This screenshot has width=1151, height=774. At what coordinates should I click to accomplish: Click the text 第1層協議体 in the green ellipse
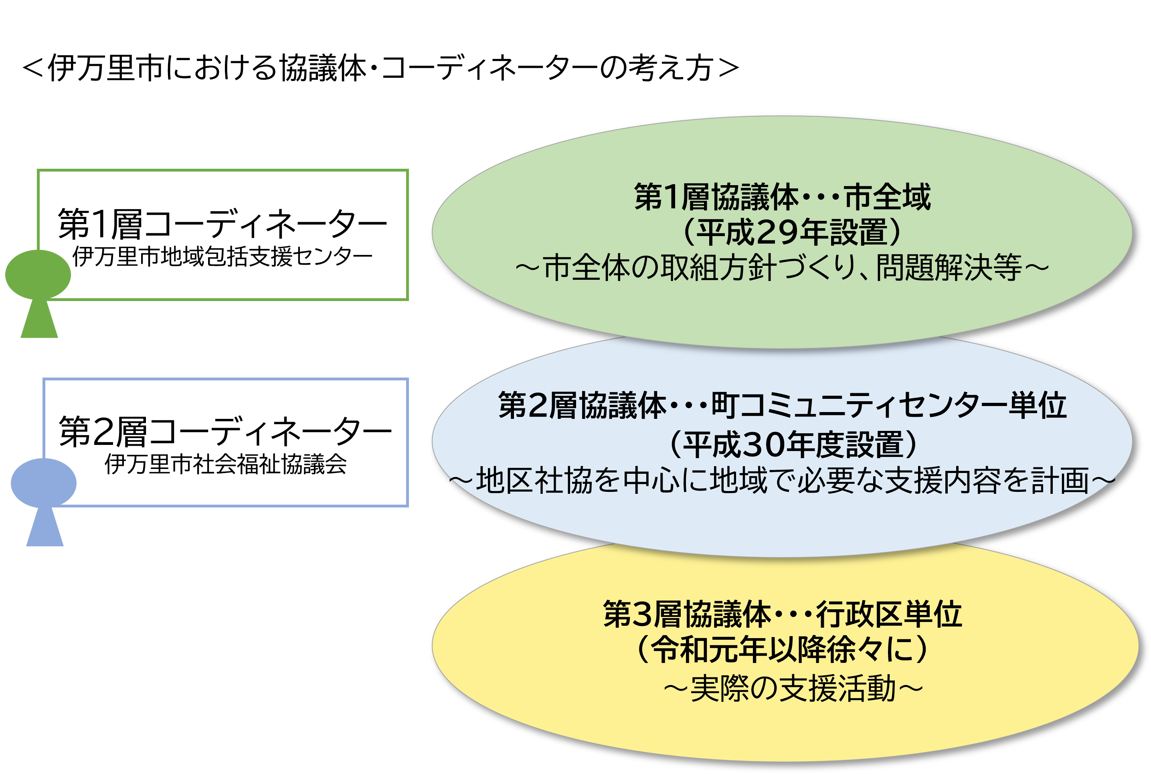click(x=716, y=197)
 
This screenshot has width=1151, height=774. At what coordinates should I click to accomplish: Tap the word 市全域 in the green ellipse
click(x=887, y=197)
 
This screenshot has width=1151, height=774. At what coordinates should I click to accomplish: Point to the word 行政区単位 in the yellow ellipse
click(x=888, y=614)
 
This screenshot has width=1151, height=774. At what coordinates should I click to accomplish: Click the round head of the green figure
click(x=38, y=275)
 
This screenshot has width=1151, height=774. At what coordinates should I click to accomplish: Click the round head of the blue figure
click(x=43, y=483)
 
